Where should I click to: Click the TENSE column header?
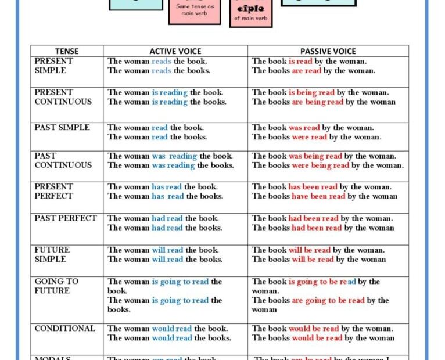pos(67,51)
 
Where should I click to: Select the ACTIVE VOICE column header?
pos(175,51)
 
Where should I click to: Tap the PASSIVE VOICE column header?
pos(328,51)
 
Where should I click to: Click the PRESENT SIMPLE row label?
pos(54,66)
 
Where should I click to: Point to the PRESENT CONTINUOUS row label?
pos(63,97)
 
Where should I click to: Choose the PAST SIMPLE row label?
pos(62,128)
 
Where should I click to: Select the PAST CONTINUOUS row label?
pos(63,160)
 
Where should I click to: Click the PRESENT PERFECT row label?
pos(54,192)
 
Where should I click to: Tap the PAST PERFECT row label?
pos(66,218)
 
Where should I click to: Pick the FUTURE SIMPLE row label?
pos(52,254)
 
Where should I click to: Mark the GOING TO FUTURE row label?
pos(56,286)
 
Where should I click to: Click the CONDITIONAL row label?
pos(64,329)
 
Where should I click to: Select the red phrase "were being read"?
pos(321,165)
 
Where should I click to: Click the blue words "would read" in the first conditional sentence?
pos(172,329)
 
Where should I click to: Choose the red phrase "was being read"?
pos(315,156)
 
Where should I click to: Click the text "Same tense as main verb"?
pos(194,10)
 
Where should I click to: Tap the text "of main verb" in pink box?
pos(251,18)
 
